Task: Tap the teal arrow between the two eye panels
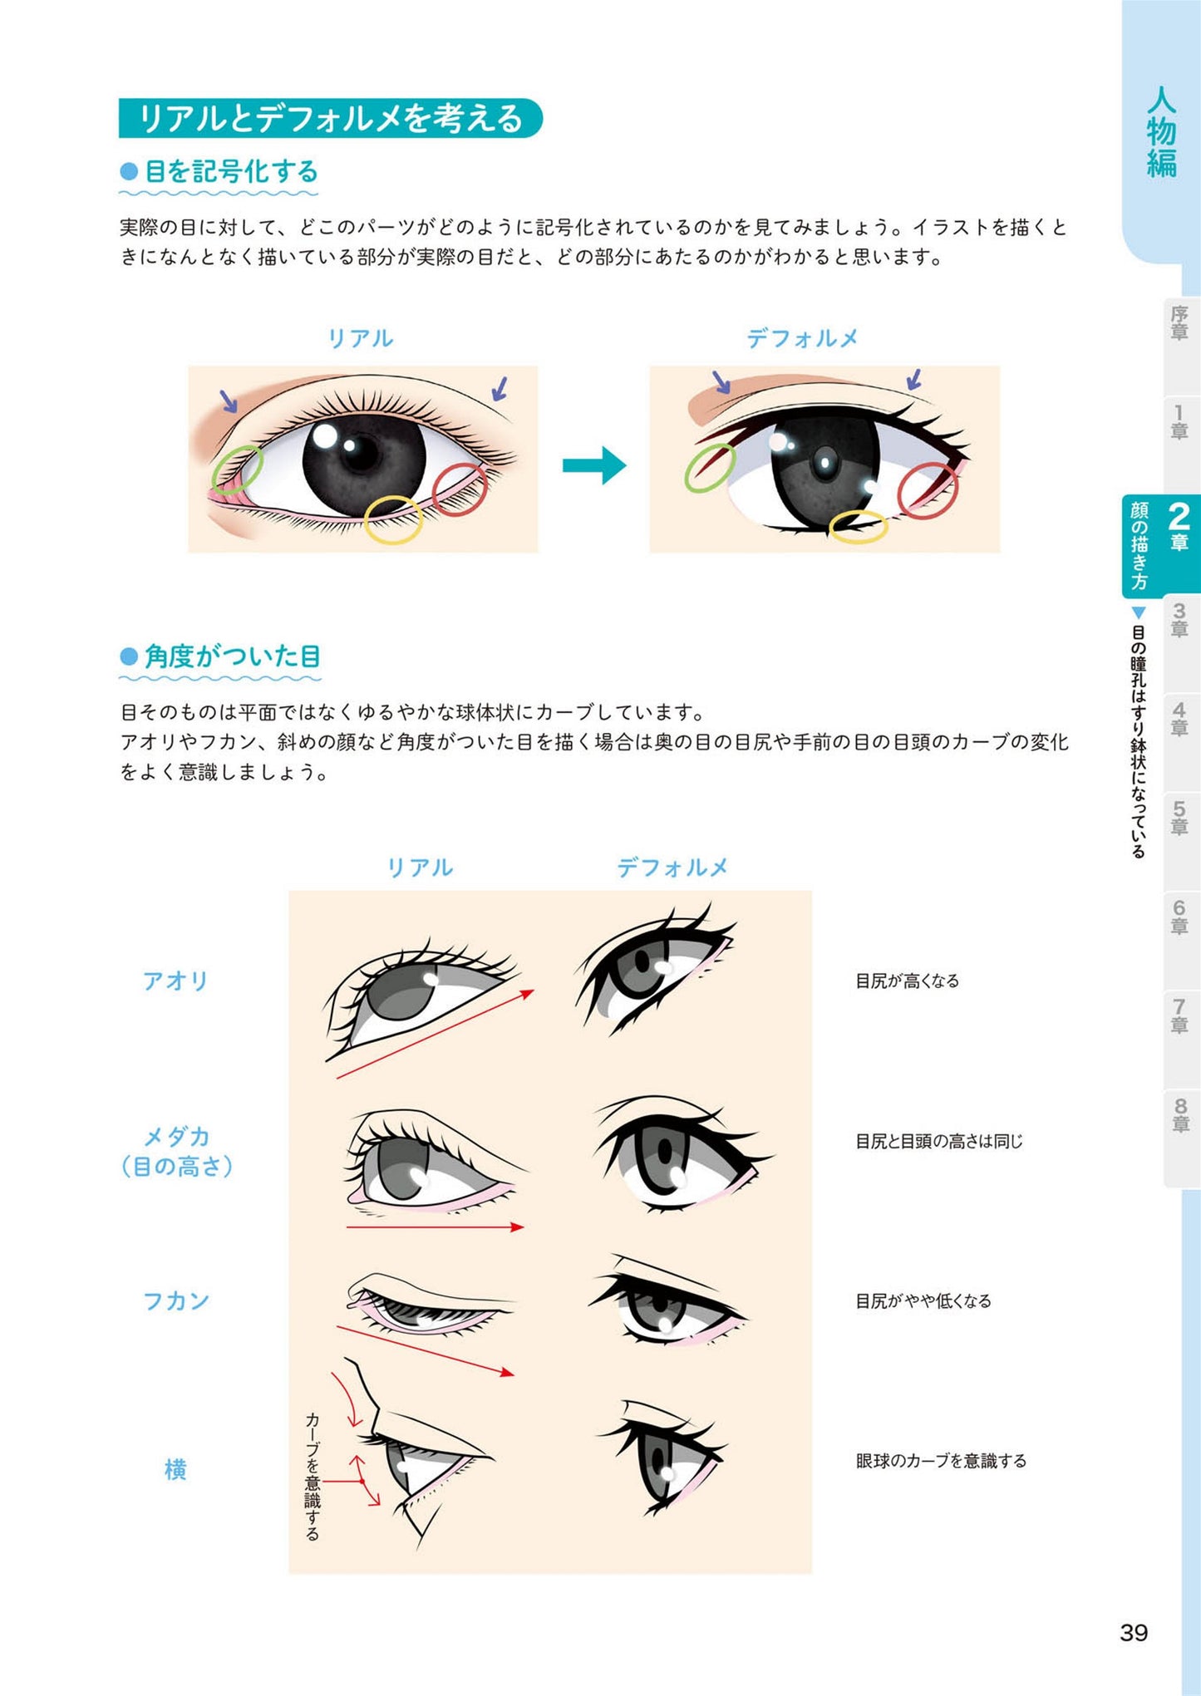point(593,465)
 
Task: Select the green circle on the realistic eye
point(237,469)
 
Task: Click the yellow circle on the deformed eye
point(859,527)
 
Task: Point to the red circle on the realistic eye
point(460,489)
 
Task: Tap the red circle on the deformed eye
point(928,491)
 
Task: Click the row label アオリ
point(175,981)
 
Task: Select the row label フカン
point(175,1300)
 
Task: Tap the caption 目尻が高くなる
point(907,981)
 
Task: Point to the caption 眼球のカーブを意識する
point(941,1460)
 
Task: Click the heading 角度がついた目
point(232,656)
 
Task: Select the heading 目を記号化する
point(231,172)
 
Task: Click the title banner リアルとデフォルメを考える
point(330,118)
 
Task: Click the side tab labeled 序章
point(1179,322)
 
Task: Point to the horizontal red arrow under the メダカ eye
point(435,1227)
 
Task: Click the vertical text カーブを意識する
point(313,1476)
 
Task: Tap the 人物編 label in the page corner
point(1161,133)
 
